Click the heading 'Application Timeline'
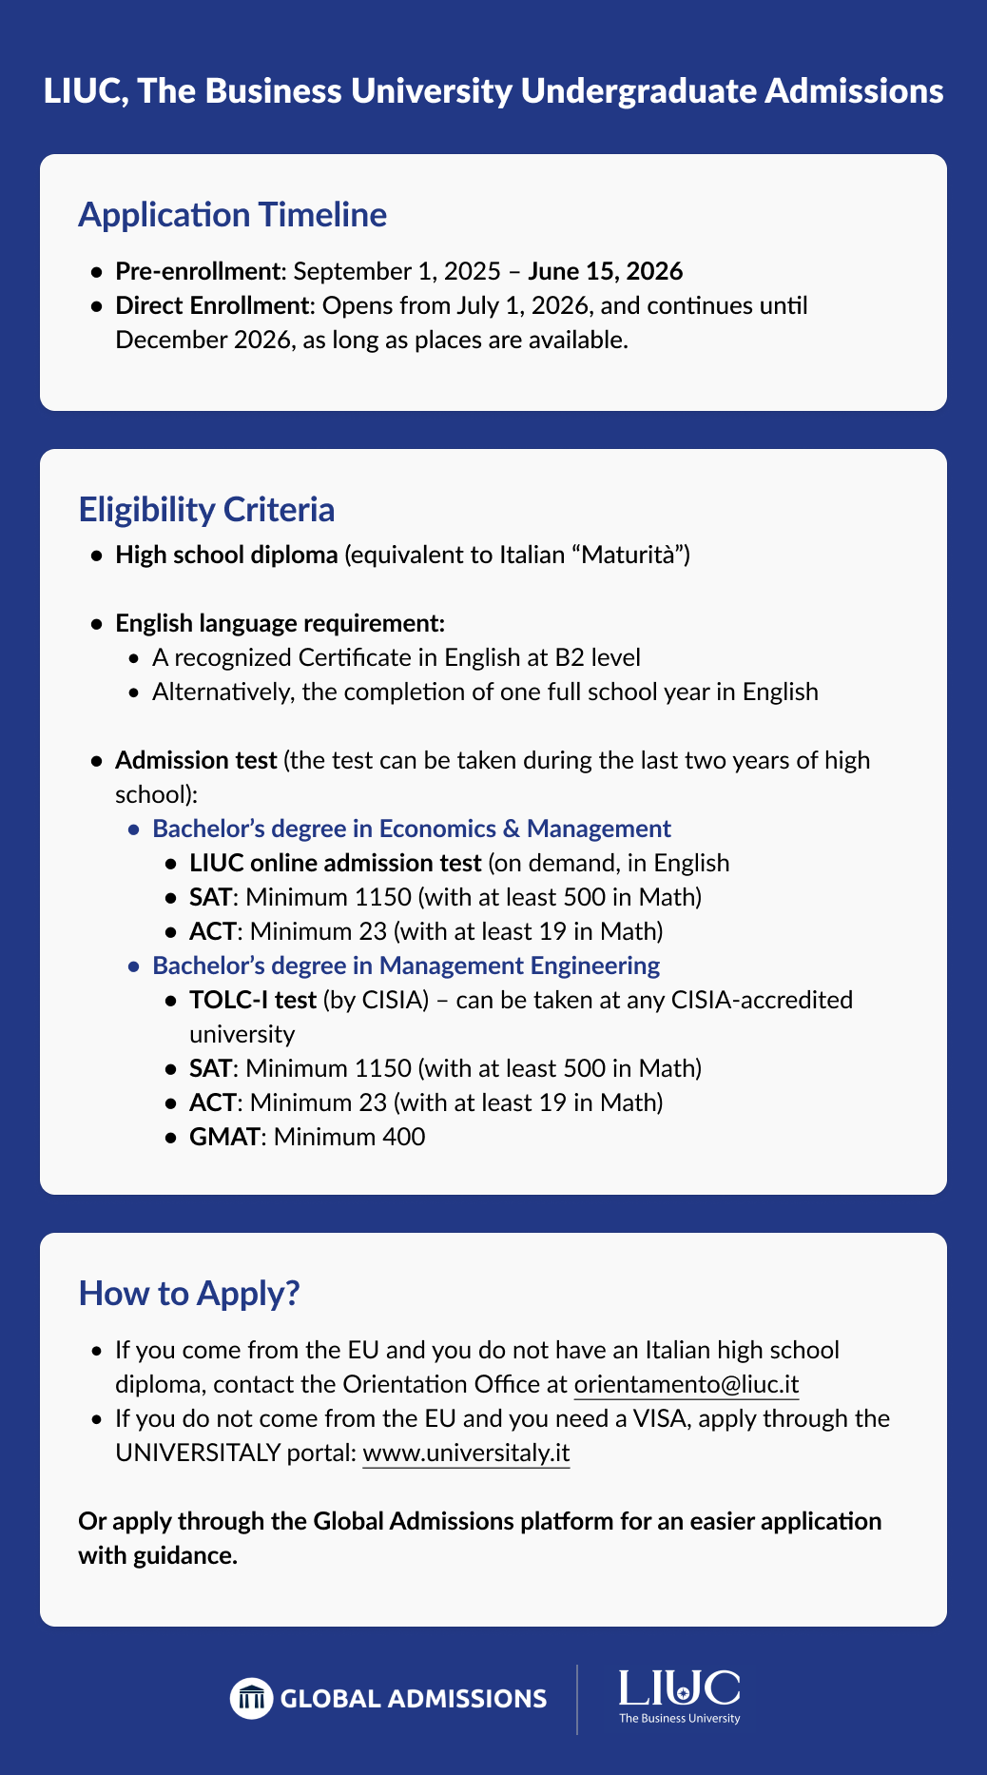click(232, 215)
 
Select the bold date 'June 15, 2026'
click(605, 271)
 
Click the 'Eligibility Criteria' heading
click(206, 510)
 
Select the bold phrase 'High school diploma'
click(226, 555)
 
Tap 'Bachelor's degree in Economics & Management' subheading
click(412, 829)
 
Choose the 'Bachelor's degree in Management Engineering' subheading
click(406, 966)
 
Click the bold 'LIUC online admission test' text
click(335, 863)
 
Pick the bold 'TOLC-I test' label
click(252, 1000)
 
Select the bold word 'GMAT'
click(223, 1137)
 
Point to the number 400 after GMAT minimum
click(405, 1137)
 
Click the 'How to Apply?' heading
click(189, 1294)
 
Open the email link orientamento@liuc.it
click(687, 1384)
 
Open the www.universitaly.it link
click(466, 1453)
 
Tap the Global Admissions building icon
click(251, 1698)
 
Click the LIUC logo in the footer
click(679, 1695)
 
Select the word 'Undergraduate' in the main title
click(638, 91)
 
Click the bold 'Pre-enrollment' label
click(197, 271)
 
